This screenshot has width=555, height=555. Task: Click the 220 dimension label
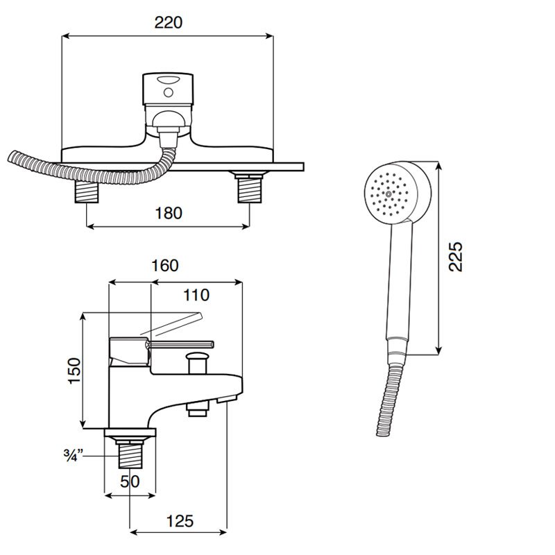[x=169, y=22]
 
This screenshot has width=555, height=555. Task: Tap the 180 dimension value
[x=169, y=213]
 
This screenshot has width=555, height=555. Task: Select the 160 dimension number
[x=164, y=266]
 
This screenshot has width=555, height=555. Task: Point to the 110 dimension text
[x=196, y=295]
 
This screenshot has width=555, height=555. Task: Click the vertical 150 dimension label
[x=75, y=370]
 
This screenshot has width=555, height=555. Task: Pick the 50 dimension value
[x=130, y=481]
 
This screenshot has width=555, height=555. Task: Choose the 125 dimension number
[x=180, y=521]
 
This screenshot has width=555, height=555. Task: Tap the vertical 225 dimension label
[x=456, y=257]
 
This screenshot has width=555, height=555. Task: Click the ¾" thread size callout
[x=74, y=455]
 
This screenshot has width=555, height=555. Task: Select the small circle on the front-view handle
[x=169, y=93]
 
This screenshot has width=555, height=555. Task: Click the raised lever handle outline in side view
[x=171, y=324]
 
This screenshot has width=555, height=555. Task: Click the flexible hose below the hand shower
[x=388, y=398]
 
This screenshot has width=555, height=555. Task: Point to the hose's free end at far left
[x=10, y=157]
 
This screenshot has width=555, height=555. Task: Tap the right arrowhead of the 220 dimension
[x=271, y=36]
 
